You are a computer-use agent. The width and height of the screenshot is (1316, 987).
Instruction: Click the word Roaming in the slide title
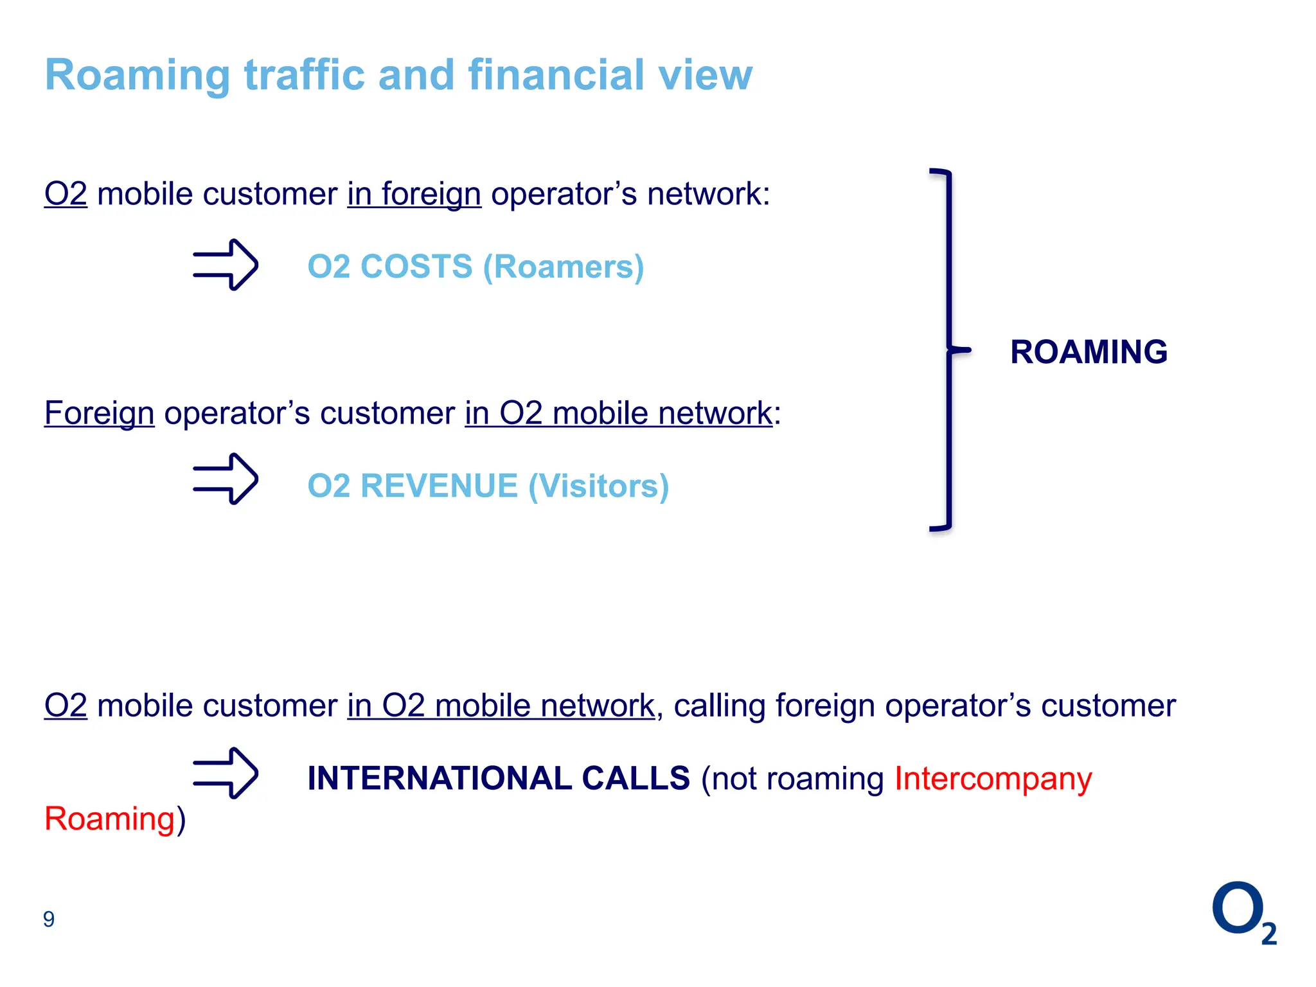(x=138, y=76)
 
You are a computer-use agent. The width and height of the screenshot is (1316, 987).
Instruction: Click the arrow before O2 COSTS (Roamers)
(x=226, y=265)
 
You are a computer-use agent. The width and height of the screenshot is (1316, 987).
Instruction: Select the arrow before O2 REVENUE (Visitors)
(x=226, y=479)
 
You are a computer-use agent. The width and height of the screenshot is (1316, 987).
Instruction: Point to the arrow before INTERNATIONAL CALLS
(x=226, y=773)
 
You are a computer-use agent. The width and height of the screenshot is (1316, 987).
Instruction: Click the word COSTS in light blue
(x=416, y=267)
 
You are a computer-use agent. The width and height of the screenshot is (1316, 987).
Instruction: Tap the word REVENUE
(x=439, y=486)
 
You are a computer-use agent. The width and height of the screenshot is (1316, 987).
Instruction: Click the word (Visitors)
(x=598, y=486)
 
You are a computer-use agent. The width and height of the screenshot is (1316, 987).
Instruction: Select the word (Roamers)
(x=563, y=267)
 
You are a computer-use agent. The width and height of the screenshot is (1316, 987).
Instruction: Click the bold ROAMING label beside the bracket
(x=1089, y=352)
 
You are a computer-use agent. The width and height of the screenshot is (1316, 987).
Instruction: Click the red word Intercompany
(x=993, y=779)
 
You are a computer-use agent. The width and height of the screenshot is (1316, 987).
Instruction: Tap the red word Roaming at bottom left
(x=110, y=819)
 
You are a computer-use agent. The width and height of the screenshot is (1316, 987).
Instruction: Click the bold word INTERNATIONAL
(x=439, y=778)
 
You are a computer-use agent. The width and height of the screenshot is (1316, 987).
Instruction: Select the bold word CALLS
(x=636, y=778)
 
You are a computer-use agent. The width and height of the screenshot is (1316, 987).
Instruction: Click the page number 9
(x=49, y=920)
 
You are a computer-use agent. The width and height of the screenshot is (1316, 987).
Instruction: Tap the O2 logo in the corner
(x=1243, y=912)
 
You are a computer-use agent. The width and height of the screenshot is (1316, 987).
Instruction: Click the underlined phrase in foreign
(x=414, y=194)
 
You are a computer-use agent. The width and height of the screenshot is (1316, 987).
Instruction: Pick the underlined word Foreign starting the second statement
(x=99, y=413)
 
